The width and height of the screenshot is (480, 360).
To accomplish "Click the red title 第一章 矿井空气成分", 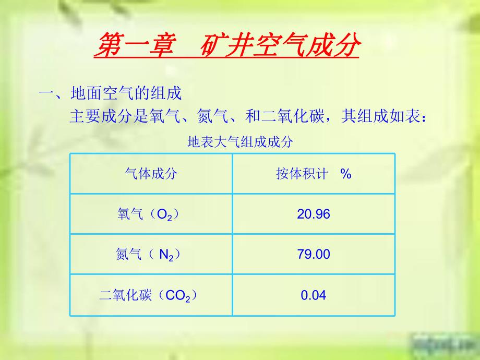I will (x=227, y=46).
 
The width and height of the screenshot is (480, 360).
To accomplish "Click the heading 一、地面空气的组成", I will (x=110, y=94).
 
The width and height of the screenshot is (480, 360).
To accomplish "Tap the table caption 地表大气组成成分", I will (x=239, y=142).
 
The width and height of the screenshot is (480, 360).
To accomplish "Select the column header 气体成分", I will (x=151, y=174).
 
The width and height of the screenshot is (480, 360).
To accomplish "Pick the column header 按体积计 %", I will (x=314, y=174).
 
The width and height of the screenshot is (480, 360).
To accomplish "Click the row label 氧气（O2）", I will (x=151, y=214).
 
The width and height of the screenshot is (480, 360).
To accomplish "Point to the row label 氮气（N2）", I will (x=151, y=255).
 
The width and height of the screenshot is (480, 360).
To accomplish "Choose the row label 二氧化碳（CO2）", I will (x=151, y=295).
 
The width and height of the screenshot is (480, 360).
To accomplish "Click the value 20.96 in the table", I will (x=314, y=214).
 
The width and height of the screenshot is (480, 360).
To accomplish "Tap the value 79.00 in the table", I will (x=314, y=255).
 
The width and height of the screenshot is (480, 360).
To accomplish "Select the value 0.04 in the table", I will (x=314, y=295).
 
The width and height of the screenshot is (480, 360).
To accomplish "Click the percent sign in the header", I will (x=345, y=174).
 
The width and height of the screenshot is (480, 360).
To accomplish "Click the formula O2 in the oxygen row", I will (x=164, y=215).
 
